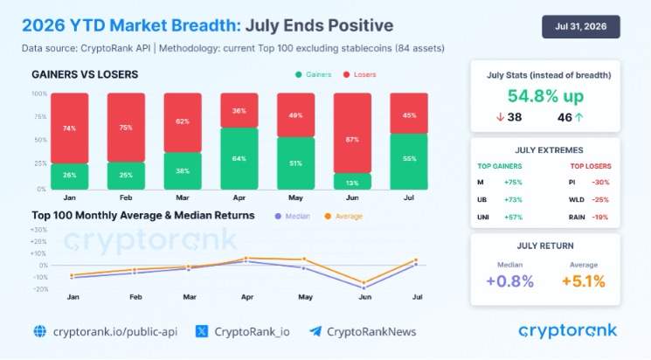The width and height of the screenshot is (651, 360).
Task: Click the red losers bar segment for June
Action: [352, 133]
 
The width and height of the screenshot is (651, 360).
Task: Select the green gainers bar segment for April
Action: [239, 159]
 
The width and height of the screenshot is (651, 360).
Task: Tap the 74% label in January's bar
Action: [69, 128]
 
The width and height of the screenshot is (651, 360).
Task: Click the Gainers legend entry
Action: [313, 75]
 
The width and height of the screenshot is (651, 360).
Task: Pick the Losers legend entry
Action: [359, 75]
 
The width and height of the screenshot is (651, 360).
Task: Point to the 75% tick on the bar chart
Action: [40, 117]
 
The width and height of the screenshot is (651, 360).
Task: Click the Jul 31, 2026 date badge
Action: [581, 26]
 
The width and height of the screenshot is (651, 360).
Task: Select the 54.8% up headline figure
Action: [545, 96]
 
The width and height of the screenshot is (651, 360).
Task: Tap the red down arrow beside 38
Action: [501, 117]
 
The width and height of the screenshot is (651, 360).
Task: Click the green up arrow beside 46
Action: [579, 117]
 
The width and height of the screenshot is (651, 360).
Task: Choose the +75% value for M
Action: [513, 183]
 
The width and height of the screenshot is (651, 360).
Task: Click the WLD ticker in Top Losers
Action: [576, 200]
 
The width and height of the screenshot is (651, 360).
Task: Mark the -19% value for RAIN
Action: [600, 218]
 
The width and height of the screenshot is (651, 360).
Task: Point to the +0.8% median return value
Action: [509, 281]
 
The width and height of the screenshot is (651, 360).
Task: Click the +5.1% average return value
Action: [584, 281]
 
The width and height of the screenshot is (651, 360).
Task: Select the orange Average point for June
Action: [364, 283]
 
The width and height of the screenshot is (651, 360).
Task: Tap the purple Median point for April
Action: [246, 261]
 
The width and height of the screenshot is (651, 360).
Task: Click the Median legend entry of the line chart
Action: [292, 217]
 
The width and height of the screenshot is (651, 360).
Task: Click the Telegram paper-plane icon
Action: [315, 331]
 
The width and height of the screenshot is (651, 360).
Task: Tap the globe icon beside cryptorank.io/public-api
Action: [40, 331]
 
